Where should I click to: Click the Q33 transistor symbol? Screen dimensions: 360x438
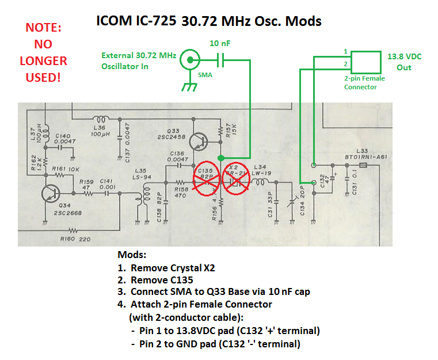(198, 141)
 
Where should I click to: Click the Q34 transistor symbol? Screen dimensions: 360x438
(51, 194)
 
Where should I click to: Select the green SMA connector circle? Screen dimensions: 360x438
(188, 59)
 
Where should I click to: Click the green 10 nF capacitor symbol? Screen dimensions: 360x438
(222, 59)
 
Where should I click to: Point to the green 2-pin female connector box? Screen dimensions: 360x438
(365, 60)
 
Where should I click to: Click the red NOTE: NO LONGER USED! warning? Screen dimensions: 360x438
(43, 52)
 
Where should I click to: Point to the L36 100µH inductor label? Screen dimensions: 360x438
(102, 131)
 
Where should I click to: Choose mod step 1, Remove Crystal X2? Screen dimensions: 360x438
(173, 268)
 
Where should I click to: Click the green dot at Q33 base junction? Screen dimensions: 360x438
(220, 157)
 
